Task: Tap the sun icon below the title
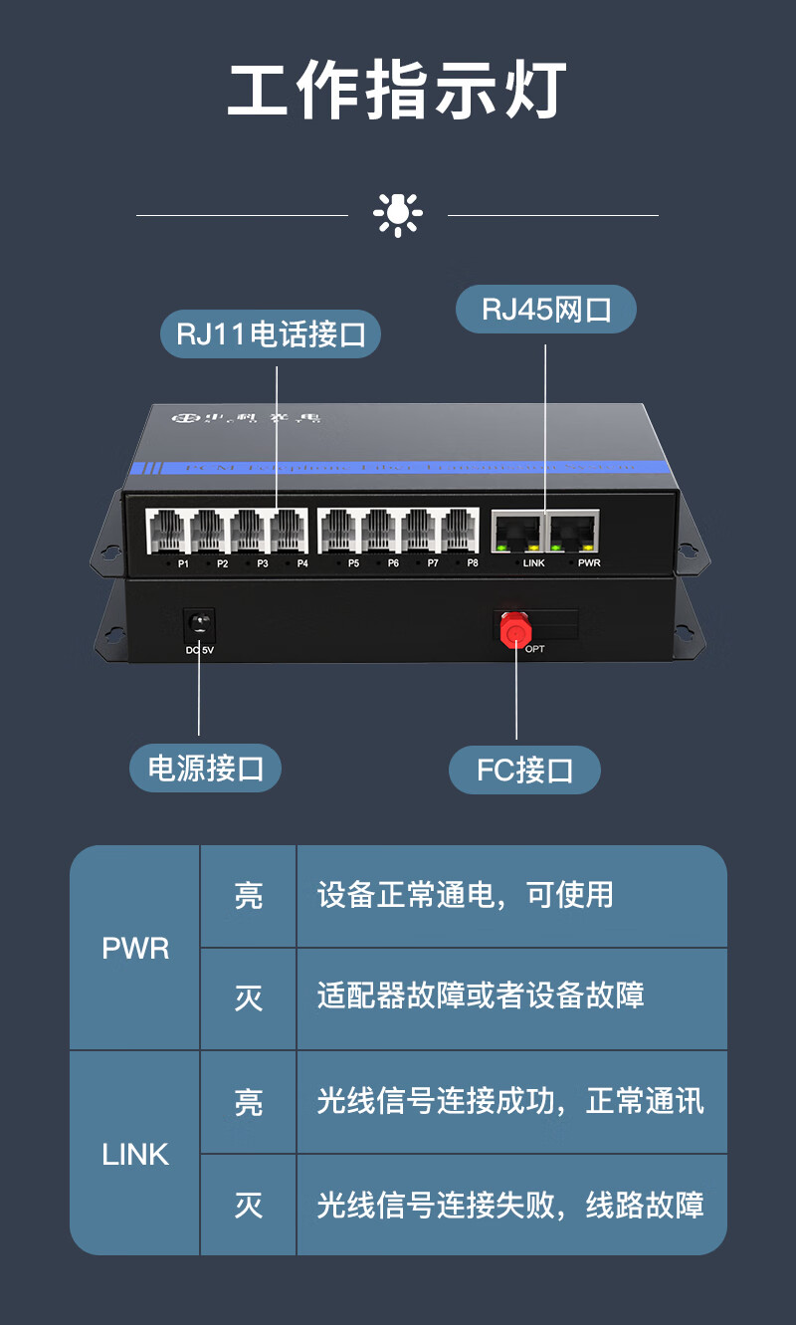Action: click(398, 214)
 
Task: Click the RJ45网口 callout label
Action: click(545, 309)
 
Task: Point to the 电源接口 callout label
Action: click(206, 769)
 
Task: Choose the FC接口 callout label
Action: click(524, 771)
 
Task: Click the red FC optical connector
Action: click(515, 629)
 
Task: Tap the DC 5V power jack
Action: click(200, 625)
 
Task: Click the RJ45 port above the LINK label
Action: click(517, 532)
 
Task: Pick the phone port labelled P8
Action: click(460, 531)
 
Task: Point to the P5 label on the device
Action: click(353, 563)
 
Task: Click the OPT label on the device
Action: click(535, 649)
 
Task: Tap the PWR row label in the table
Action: click(135, 948)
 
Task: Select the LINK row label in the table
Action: click(135, 1154)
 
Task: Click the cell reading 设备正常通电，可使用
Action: click(466, 895)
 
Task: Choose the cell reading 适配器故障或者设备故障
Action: click(481, 995)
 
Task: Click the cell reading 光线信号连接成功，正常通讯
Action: click(510, 1101)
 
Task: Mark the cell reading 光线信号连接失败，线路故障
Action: click(510, 1206)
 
